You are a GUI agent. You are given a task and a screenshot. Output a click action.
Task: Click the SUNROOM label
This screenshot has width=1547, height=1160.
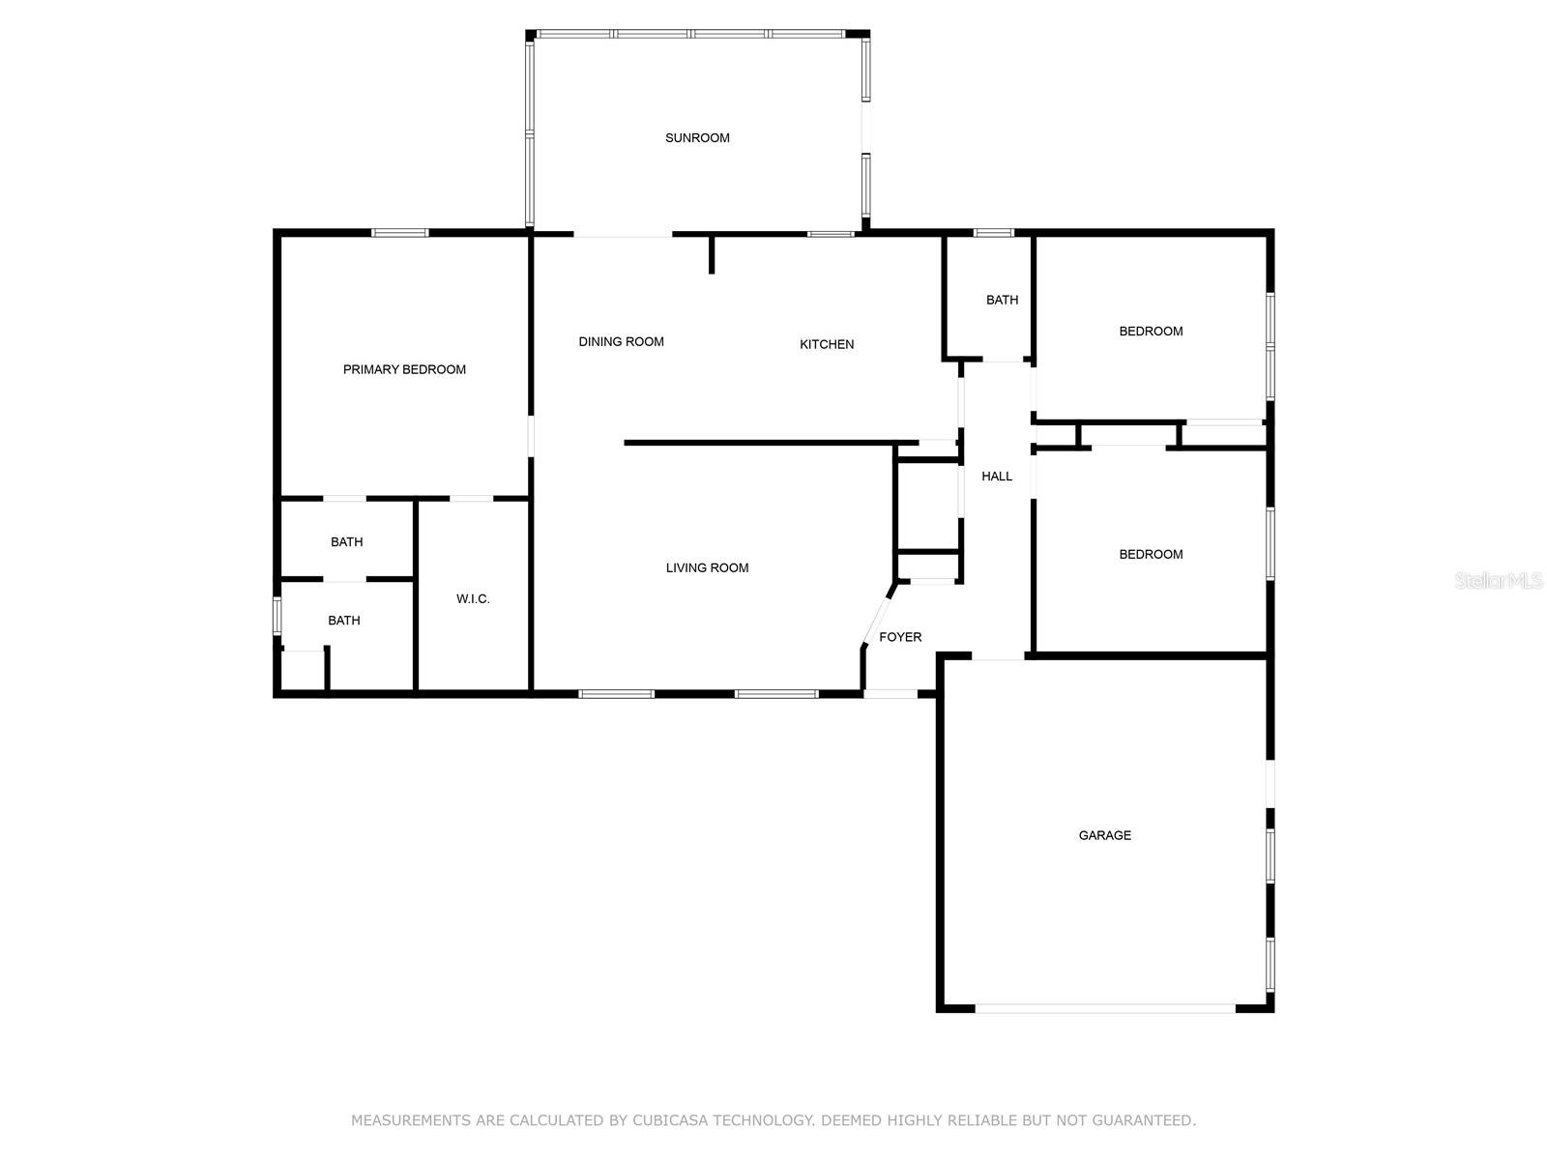696,138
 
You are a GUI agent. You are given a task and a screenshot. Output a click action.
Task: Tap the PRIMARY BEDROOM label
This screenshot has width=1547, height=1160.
404,370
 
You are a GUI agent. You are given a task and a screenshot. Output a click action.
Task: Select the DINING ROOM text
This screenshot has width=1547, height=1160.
621,341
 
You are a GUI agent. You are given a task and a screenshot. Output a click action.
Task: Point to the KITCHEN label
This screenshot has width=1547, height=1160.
826,344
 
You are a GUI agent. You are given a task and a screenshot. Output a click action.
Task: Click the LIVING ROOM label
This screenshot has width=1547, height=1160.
707,567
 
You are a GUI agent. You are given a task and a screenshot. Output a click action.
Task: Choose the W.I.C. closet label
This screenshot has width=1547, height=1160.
473,599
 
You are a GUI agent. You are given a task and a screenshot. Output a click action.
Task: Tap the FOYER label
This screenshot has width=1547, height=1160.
900,637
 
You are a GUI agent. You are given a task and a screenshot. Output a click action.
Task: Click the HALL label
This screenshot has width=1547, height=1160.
997,477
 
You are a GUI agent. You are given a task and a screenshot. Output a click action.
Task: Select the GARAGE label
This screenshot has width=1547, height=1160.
1104,835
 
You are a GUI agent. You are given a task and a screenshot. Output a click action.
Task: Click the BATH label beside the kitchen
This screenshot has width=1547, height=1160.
1002,300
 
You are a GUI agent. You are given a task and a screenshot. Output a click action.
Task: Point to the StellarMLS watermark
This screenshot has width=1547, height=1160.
1499,580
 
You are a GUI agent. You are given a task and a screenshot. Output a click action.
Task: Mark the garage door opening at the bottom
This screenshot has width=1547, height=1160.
1104,1008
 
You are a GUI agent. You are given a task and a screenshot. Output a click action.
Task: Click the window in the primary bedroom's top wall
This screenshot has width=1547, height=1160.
399,232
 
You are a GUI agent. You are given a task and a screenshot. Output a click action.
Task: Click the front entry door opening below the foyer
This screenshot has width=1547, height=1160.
890,694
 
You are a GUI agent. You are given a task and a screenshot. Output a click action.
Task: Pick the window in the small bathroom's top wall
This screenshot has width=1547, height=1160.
993,232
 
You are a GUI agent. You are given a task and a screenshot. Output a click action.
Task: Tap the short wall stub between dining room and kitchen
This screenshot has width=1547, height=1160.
711,254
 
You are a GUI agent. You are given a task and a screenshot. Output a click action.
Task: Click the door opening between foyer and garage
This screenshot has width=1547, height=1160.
998,656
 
